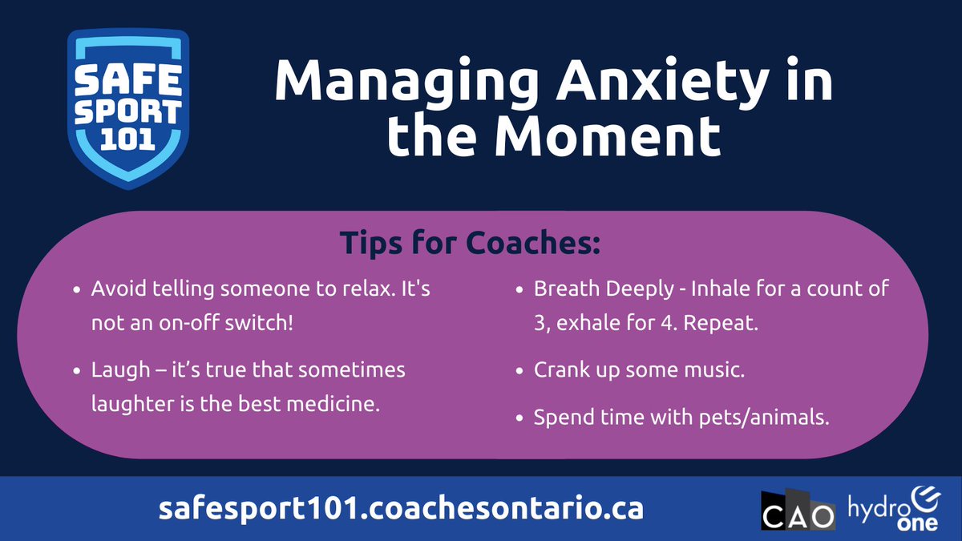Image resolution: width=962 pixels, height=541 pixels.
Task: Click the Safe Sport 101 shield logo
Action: [128, 107]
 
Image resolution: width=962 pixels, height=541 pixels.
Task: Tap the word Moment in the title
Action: [606, 135]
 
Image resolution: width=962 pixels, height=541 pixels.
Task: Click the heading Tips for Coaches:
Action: [471, 243]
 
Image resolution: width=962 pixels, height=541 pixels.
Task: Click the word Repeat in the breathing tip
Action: [730, 325]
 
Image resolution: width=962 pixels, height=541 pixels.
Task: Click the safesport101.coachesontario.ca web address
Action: [401, 509]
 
